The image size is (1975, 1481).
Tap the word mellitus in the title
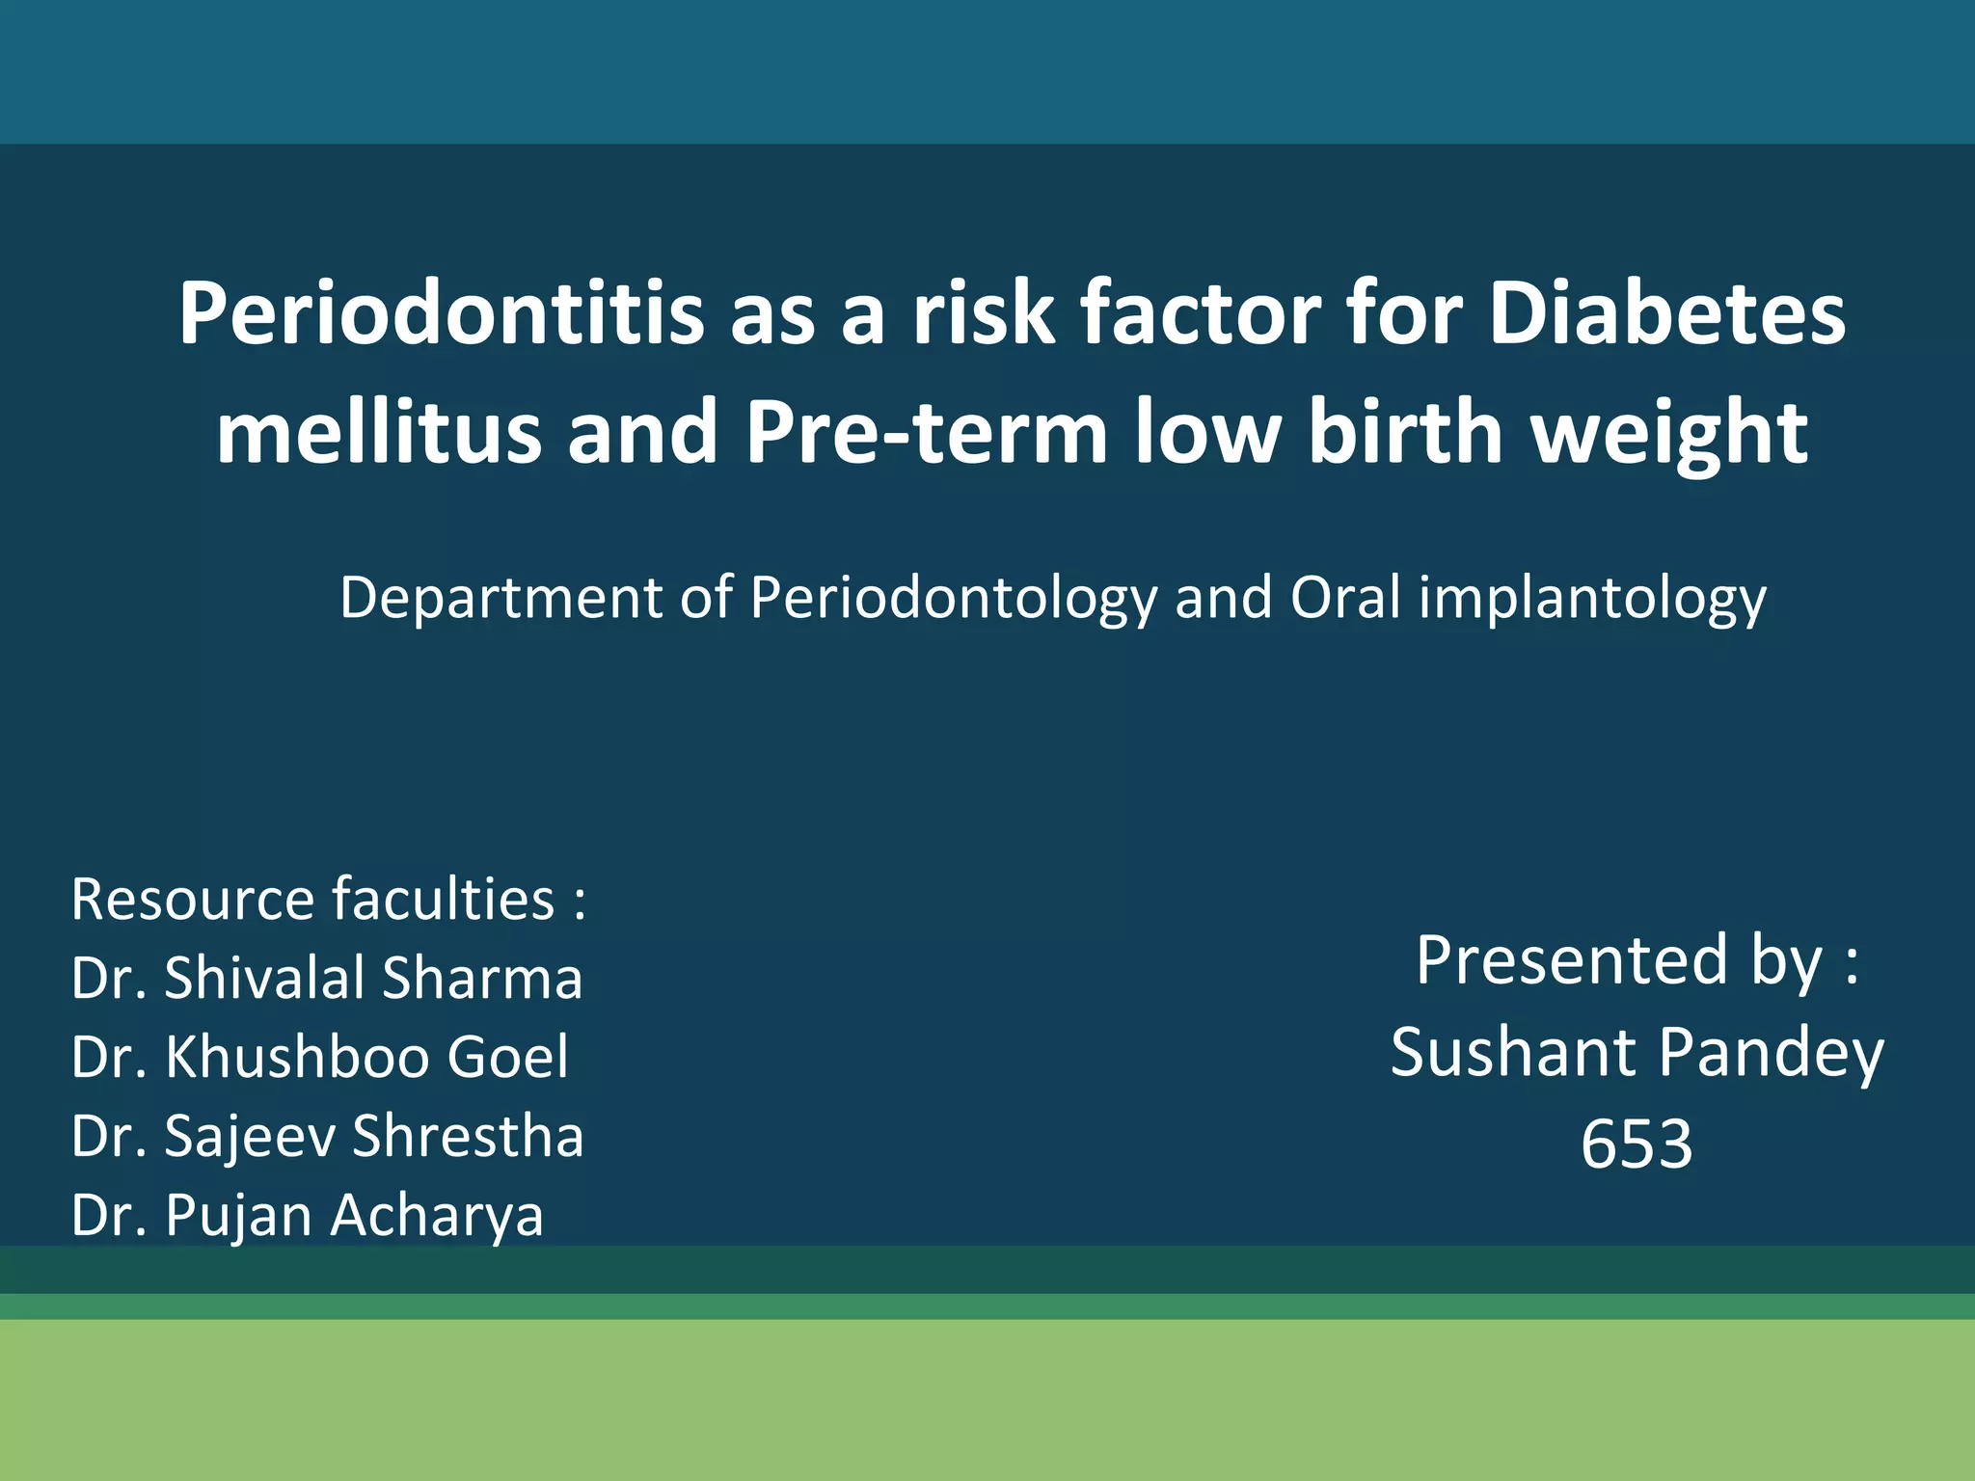(x=378, y=432)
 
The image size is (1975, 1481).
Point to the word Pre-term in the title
(x=926, y=432)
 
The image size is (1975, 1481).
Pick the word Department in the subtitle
(x=501, y=599)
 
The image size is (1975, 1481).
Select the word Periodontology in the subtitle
(x=953, y=599)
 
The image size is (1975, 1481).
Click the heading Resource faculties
(x=328, y=900)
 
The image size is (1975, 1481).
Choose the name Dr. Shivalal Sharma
(x=327, y=978)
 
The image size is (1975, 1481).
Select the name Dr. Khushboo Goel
(x=320, y=1057)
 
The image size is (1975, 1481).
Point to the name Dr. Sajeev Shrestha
(x=327, y=1136)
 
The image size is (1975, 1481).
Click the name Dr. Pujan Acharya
(x=307, y=1215)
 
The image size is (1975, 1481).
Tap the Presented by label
(x=1637, y=960)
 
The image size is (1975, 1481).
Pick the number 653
(x=1637, y=1144)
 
